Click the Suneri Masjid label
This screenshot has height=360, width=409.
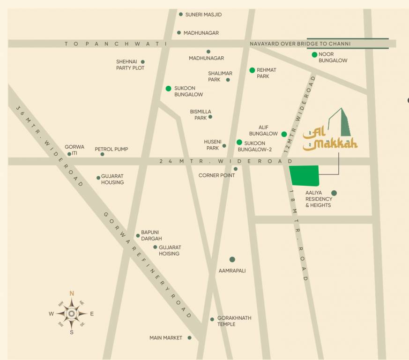click(203, 15)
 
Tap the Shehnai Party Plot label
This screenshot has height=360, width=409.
click(130, 65)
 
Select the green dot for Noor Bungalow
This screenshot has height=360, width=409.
click(315, 55)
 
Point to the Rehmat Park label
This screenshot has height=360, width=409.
click(266, 73)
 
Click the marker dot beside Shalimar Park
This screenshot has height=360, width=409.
click(228, 80)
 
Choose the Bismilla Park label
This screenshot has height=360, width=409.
click(198, 115)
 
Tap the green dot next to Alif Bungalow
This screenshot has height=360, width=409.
click(284, 134)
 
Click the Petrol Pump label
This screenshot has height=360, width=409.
click(112, 150)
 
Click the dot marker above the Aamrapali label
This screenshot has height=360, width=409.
click(232, 259)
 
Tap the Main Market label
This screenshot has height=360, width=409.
click(166, 338)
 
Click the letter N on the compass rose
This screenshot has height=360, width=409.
click(72, 293)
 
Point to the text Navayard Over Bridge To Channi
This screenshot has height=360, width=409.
click(300, 44)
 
